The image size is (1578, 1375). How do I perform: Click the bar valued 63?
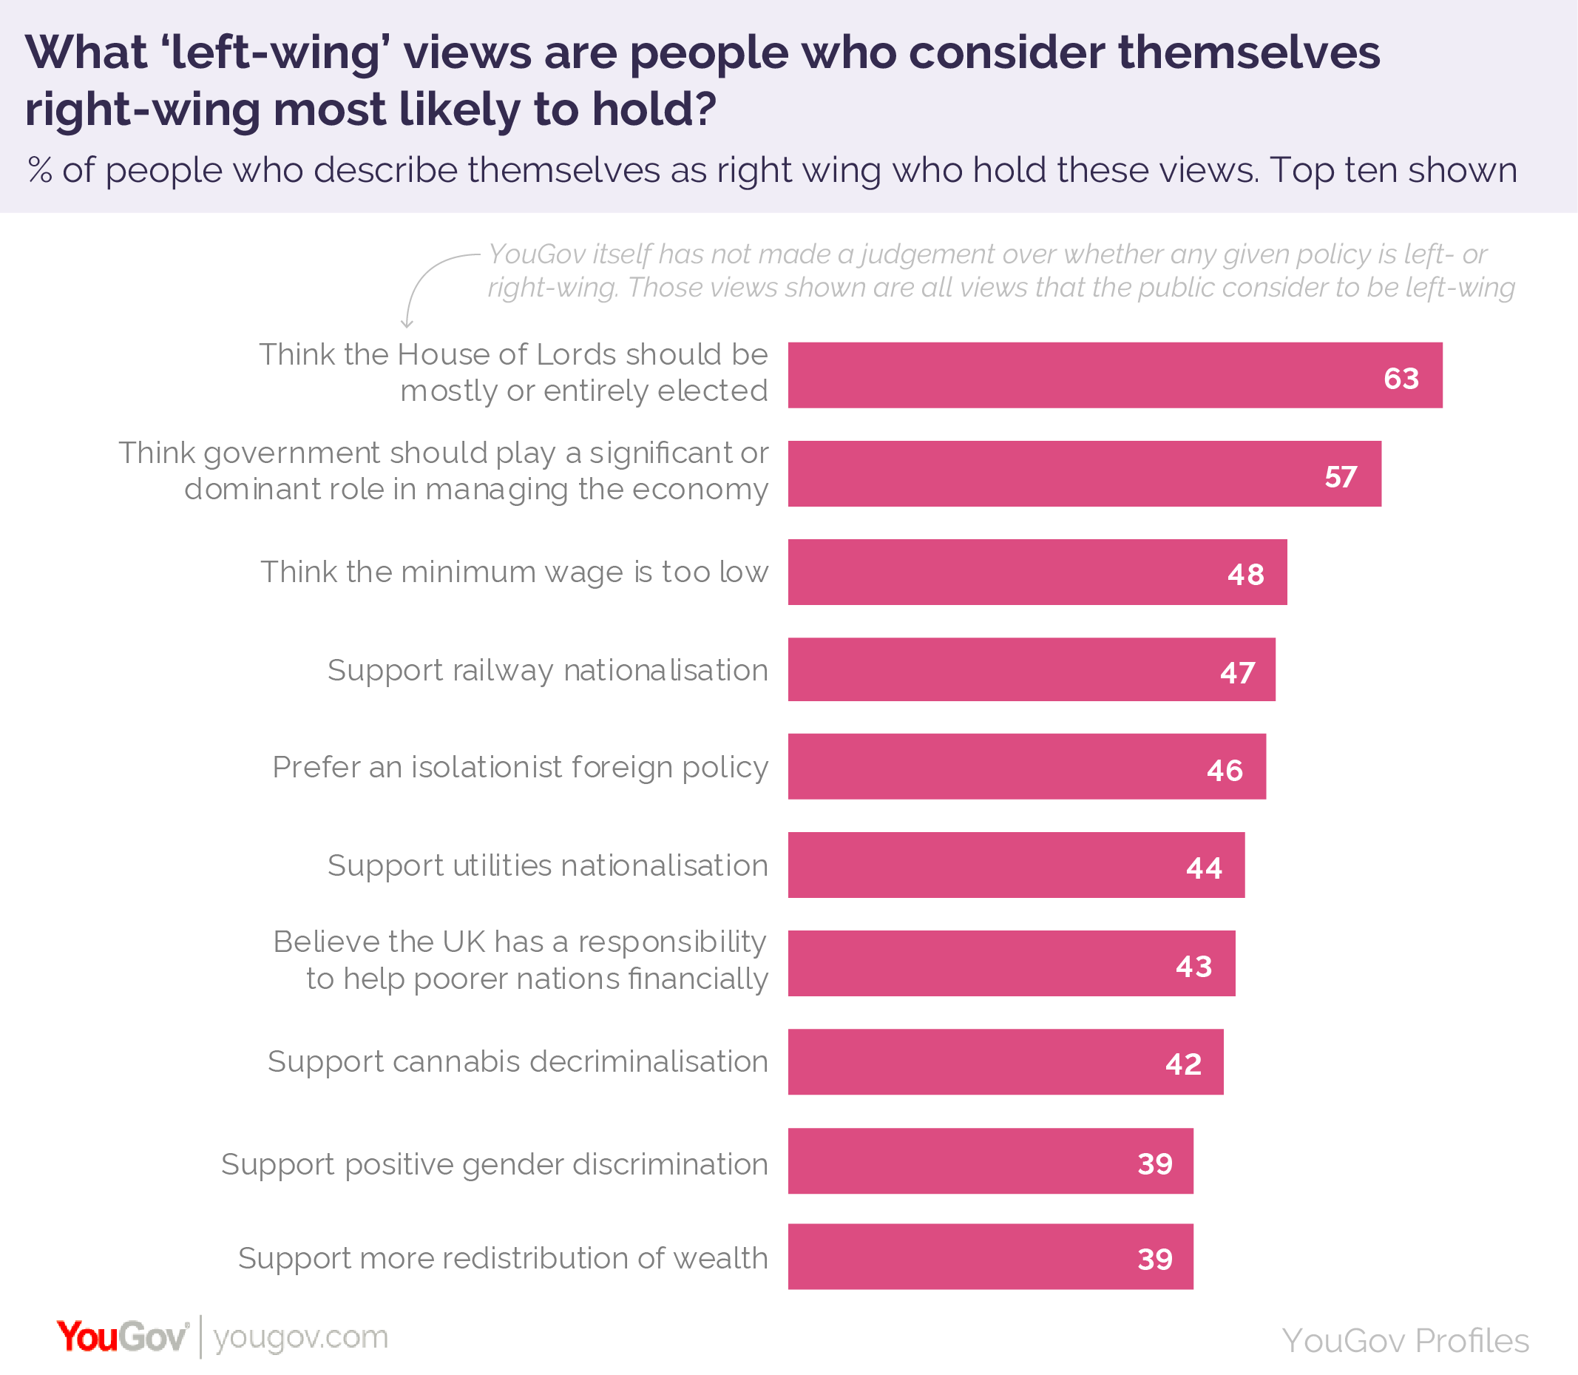1114,375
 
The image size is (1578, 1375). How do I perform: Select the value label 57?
1339,476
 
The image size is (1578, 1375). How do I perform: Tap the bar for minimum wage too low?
1037,572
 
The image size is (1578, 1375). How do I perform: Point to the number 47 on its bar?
1236,672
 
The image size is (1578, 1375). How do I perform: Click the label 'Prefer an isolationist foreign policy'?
520,766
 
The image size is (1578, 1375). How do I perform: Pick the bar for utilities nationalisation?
1016,865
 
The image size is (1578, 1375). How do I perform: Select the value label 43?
1193,966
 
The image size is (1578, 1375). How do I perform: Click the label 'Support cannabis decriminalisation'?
518,1061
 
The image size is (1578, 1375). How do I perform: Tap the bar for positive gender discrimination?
989,1161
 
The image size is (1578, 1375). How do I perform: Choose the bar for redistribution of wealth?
989,1256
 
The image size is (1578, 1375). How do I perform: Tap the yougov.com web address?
301,1337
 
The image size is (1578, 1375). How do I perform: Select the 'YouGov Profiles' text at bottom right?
1405,1340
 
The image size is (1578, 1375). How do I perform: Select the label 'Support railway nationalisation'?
548,670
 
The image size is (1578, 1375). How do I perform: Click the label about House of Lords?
513,372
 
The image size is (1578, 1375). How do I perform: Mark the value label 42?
1182,1064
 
